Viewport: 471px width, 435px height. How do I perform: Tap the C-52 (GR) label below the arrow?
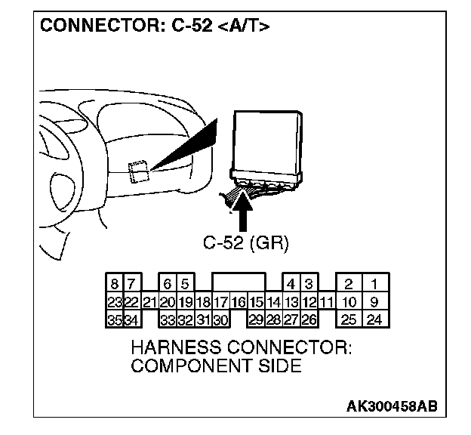coord(246,243)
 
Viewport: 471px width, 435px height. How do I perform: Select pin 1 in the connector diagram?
coord(374,285)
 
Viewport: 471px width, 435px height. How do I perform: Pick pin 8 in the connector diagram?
coord(114,285)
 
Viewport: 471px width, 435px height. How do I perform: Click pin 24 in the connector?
coord(374,319)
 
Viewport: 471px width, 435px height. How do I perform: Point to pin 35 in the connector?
coord(114,319)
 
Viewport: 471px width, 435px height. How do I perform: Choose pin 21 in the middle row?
coord(149,302)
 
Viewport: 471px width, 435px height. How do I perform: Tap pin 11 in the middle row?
coord(326,302)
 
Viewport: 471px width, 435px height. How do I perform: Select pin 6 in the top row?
coord(168,285)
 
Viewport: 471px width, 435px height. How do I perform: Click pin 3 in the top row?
coord(309,285)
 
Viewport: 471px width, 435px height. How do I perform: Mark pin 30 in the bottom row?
coord(220,319)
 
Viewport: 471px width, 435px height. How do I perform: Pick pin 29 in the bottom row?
coord(256,319)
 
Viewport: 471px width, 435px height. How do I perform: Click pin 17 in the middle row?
coord(220,302)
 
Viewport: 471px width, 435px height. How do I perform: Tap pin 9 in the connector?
coord(374,302)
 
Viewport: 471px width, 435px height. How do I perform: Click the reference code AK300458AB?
coord(391,406)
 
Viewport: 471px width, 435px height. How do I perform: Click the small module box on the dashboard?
coord(137,171)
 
